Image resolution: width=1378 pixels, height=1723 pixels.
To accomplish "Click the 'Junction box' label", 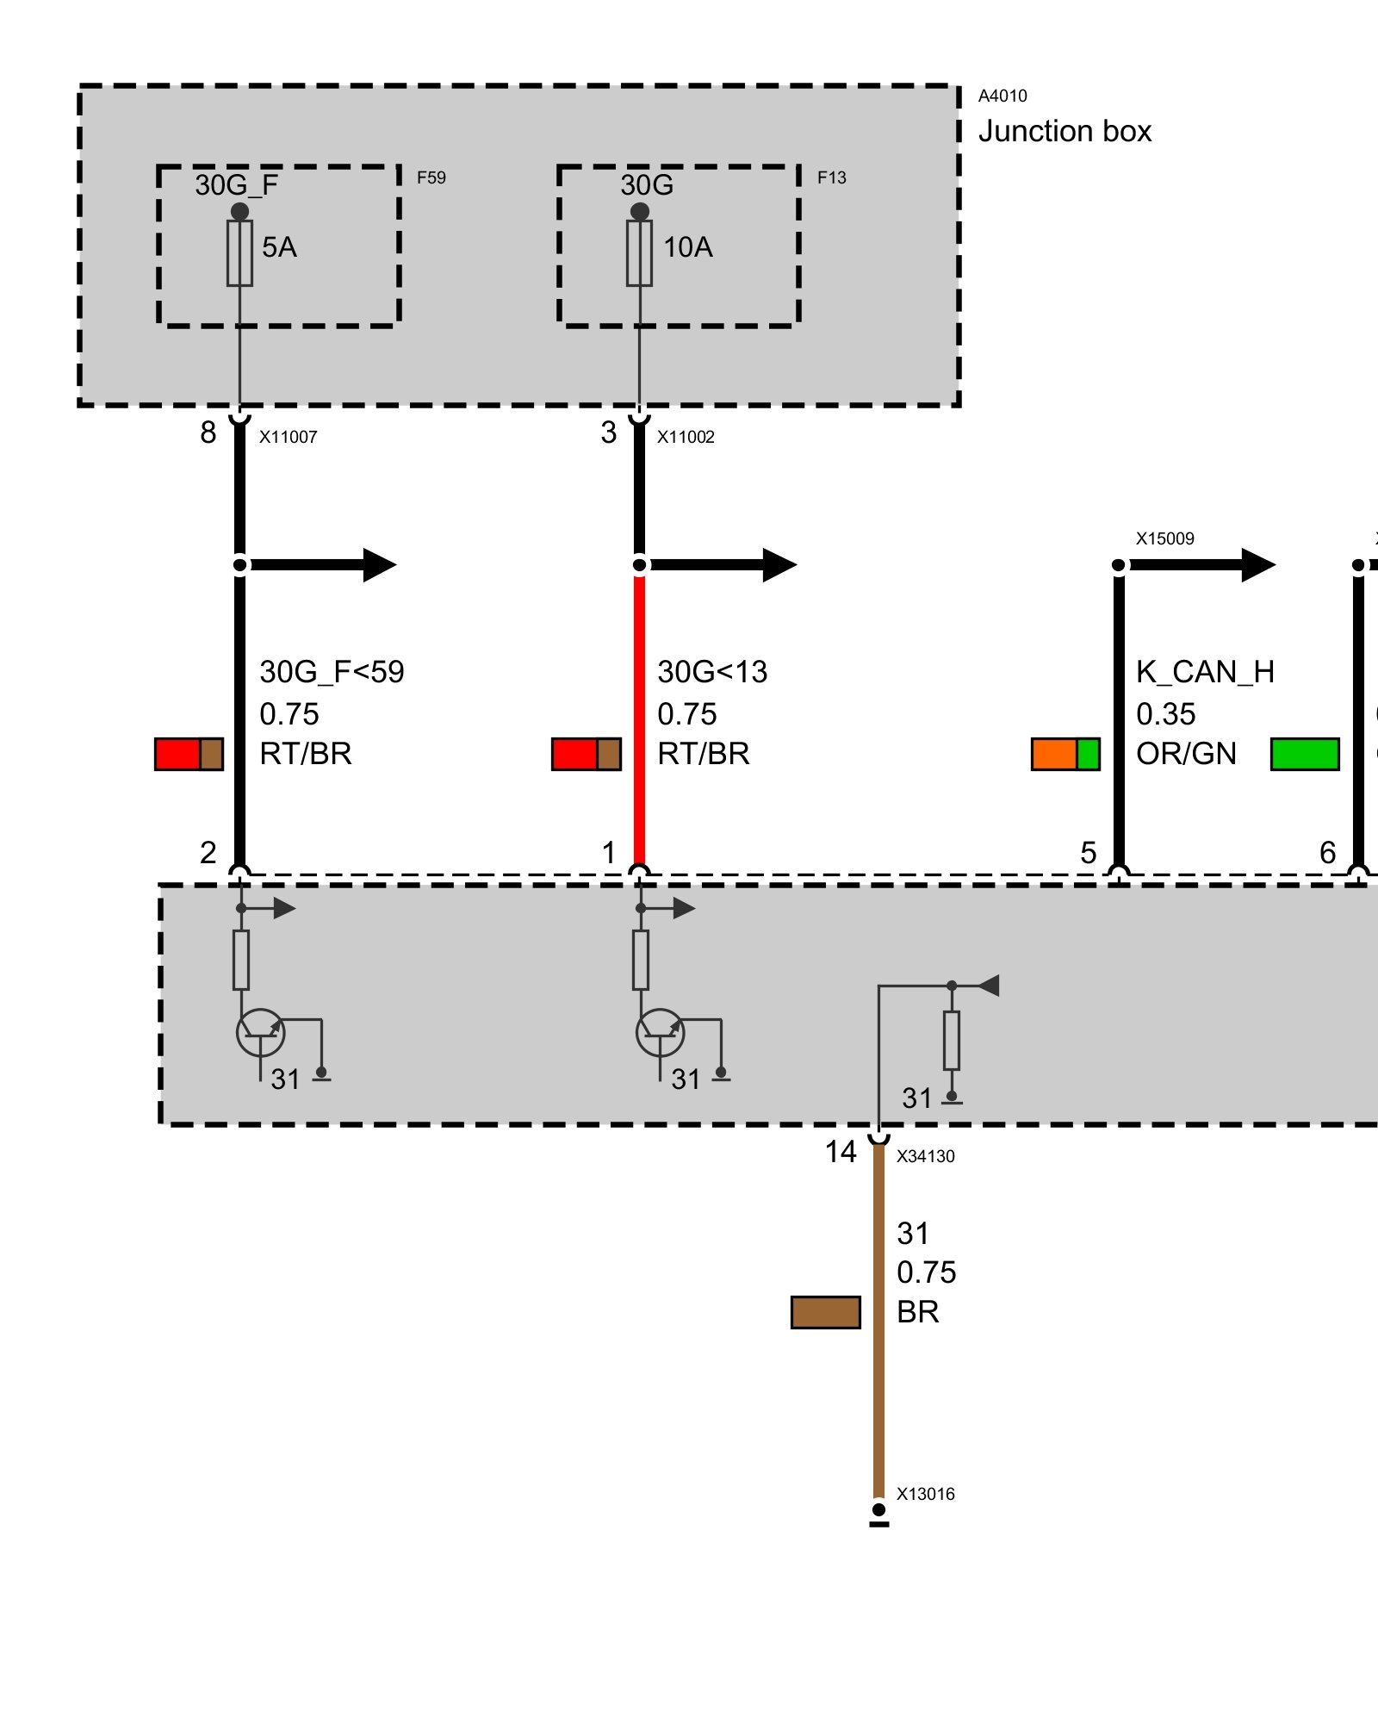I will (1065, 132).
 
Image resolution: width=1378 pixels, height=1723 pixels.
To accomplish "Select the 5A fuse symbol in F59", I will (239, 253).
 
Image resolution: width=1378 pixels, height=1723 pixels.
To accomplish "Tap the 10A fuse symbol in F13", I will (639, 253).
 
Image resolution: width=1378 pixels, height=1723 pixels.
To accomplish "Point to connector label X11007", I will (289, 437).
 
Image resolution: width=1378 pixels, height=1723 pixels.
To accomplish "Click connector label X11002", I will (686, 437).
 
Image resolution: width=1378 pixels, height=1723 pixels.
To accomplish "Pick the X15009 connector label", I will (1164, 538).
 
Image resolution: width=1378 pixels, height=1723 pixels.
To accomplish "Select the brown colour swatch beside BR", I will (825, 1312).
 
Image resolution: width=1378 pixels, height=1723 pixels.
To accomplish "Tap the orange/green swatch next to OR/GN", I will (1065, 754).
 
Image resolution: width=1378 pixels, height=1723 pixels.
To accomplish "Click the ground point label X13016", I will (925, 1494).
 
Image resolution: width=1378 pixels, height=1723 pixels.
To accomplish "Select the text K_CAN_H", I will (1205, 672).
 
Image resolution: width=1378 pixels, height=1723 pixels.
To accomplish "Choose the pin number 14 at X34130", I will (841, 1152).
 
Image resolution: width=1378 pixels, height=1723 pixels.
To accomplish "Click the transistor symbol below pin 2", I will (260, 1033).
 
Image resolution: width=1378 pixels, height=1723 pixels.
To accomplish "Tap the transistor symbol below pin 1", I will (660, 1033).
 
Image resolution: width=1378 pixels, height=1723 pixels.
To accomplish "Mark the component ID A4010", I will (1002, 96).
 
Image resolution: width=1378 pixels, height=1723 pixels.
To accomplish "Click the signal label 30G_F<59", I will (332, 672).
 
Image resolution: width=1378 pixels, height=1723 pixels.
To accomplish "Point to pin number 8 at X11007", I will (208, 432).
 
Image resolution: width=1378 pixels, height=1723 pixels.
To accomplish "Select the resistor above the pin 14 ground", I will (951, 1040).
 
